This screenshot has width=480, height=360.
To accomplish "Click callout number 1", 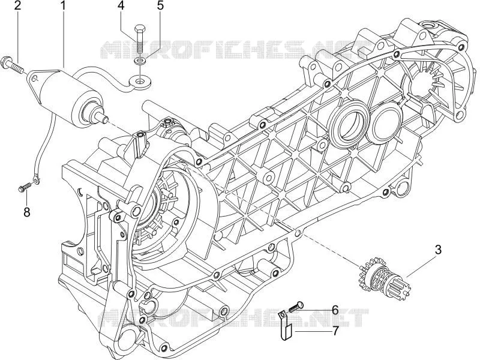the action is [x=64, y=6].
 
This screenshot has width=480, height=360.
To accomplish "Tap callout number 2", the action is [x=17, y=6].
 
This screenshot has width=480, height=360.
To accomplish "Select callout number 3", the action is [x=438, y=250].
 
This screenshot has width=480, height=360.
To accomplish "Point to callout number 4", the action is [x=121, y=6].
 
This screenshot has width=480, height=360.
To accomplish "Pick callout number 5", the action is [x=160, y=6].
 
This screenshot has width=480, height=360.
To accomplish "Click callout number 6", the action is [x=335, y=310].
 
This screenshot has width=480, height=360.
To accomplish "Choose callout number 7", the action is [x=335, y=331].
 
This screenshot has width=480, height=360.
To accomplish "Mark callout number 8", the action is [x=27, y=212].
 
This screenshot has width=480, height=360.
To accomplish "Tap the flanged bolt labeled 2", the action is [x=12, y=65].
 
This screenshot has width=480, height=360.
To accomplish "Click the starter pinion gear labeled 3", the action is [x=383, y=273].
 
